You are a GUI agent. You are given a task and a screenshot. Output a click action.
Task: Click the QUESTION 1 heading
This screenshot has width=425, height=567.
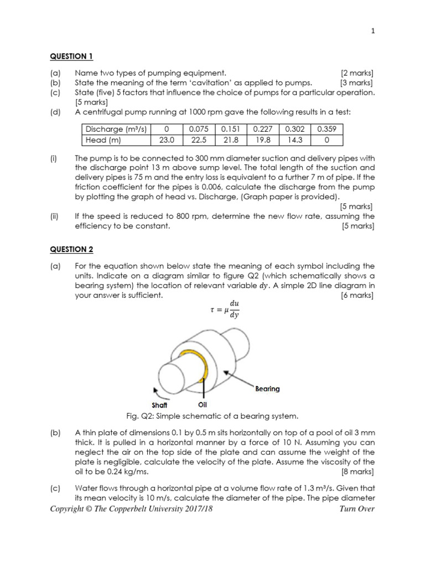[72, 56]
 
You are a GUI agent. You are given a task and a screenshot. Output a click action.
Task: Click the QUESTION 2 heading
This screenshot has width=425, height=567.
[72, 250]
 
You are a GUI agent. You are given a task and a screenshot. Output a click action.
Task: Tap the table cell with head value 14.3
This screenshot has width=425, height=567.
[295, 140]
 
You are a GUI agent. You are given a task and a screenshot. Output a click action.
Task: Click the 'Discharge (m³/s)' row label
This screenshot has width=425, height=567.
[116, 130]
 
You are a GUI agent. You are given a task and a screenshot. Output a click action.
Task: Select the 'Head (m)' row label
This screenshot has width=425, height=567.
[103, 140]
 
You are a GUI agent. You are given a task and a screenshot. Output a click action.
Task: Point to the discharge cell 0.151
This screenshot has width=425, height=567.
[231, 130]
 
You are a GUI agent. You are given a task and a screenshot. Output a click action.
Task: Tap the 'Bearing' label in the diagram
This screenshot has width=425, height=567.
[267, 389]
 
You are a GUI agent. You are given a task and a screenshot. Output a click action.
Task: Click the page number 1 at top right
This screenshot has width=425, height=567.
[373, 32]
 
